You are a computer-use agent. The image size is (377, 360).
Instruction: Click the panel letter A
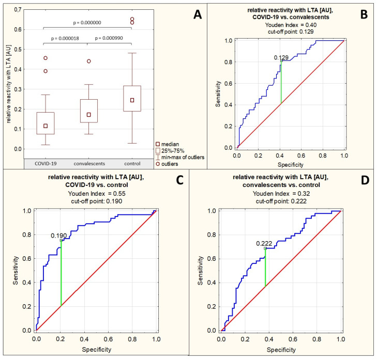point(198,14)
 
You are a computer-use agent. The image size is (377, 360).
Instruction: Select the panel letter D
point(365,180)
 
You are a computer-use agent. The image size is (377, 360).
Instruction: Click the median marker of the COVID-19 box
point(46,126)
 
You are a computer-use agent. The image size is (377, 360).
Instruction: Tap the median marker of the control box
point(132,100)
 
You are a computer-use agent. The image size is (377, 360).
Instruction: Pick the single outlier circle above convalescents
point(89,61)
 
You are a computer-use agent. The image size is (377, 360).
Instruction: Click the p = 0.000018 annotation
point(65,38)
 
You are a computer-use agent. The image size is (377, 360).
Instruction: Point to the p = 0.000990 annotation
point(109,38)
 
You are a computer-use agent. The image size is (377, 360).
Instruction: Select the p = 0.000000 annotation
point(87,23)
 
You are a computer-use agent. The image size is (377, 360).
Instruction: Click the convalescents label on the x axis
point(89,164)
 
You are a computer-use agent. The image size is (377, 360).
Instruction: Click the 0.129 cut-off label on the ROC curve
point(281,58)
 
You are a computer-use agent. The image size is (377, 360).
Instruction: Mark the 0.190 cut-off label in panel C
point(58,236)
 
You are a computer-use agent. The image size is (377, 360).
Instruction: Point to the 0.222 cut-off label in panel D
point(264,243)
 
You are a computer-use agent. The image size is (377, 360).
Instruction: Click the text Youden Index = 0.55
point(97,194)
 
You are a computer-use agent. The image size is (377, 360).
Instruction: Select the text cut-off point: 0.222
point(281,201)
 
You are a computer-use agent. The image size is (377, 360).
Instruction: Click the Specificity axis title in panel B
point(291,165)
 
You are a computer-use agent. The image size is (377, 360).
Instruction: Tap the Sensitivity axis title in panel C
point(16,271)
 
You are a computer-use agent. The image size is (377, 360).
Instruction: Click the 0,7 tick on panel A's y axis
point(18,10)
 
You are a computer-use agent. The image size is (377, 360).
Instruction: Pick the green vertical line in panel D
point(265,268)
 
